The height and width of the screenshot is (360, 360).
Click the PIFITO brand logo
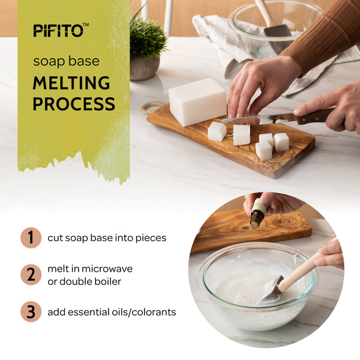pos(61,30)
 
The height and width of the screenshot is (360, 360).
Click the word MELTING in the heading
pos(71,83)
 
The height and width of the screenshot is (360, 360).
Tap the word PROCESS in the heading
pos(74,104)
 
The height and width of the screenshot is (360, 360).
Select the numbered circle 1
pos(31,238)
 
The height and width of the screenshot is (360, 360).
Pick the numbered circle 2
pos(31,275)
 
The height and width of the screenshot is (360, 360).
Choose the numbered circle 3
pos(31,311)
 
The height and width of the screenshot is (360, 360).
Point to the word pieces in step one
pos(151,238)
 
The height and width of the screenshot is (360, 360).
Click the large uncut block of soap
pos(197,102)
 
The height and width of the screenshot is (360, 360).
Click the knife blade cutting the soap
pos(257,119)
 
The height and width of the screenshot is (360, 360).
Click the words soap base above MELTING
pos(67,61)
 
